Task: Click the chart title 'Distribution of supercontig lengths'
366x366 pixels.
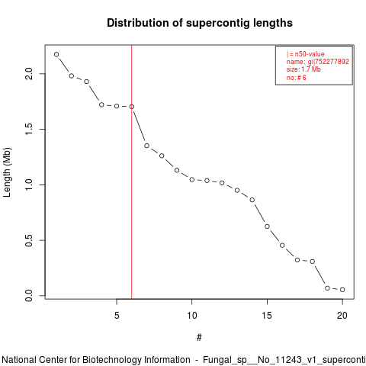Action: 200,23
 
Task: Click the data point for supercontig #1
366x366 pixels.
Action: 56,54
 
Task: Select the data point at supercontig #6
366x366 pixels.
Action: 132,107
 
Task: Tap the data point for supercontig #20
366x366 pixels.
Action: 342,290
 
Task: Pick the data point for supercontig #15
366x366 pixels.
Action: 267,226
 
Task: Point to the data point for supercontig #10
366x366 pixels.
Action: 192,180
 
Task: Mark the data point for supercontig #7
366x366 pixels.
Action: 146,146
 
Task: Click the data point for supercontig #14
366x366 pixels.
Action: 252,200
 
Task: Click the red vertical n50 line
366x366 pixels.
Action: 132,172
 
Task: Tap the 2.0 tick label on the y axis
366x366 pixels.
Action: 29,74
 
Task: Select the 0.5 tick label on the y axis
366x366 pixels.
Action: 29,240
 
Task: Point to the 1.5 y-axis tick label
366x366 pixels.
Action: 29,129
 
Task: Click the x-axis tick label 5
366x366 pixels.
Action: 117,316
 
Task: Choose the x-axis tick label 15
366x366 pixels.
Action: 267,316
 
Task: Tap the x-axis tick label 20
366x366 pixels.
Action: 342,316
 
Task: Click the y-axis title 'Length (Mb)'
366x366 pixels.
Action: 7,172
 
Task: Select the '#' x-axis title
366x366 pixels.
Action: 199,338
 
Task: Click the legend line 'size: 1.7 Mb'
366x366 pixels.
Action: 303,69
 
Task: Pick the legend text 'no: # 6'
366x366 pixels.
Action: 297,78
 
